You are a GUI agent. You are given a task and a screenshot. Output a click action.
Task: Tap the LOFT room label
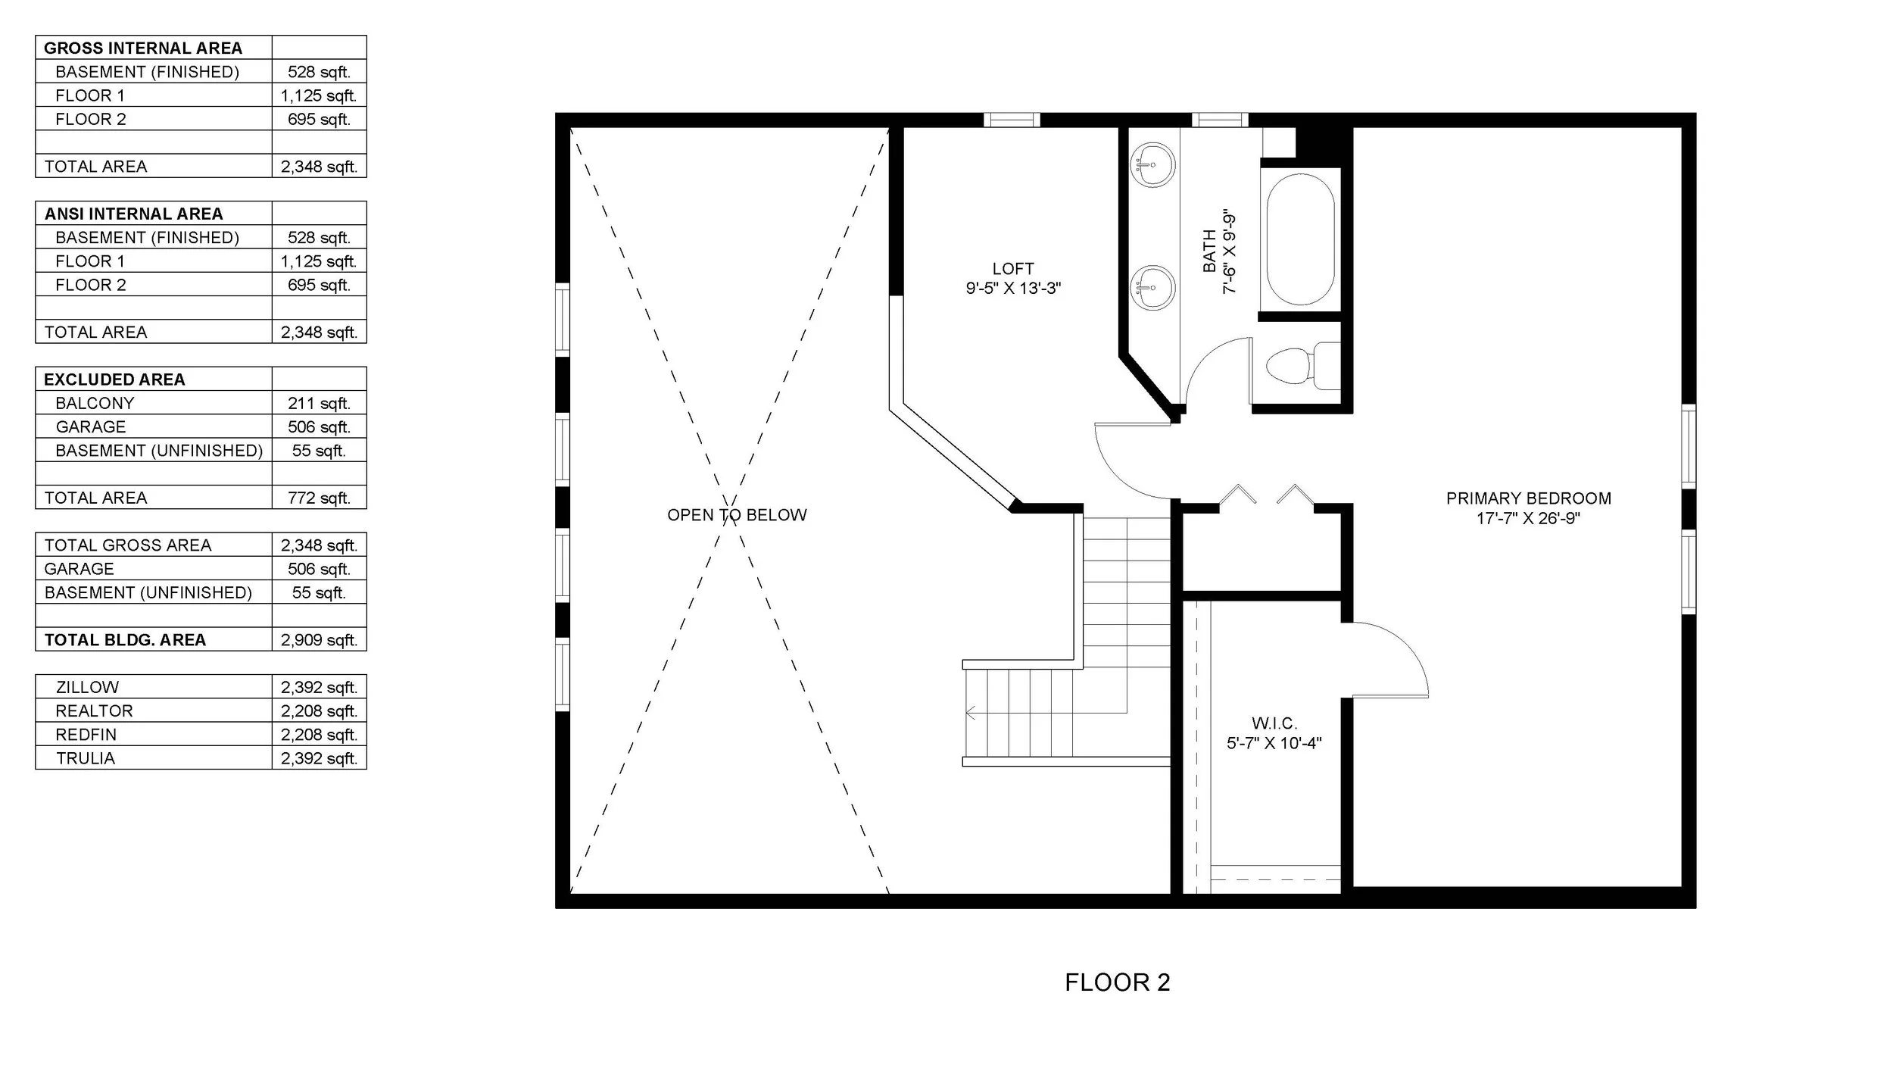pyautogui.click(x=1013, y=269)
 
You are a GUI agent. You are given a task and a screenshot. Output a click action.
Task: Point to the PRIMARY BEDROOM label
pyautogui.click(x=1528, y=498)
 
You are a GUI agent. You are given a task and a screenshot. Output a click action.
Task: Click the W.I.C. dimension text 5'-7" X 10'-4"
pyautogui.click(x=1274, y=743)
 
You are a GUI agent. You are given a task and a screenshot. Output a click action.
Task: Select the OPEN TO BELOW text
pyautogui.click(x=737, y=515)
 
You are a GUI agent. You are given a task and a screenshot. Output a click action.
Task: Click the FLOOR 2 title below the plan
pyautogui.click(x=1118, y=982)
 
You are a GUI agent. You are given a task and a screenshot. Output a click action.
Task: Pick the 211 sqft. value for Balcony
pyautogui.click(x=319, y=403)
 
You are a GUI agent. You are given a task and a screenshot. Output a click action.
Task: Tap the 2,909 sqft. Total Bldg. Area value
pyautogui.click(x=319, y=640)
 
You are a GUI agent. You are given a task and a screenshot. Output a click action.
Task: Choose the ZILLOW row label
pyautogui.click(x=87, y=687)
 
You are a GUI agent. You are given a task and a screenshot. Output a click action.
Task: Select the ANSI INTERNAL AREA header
pyautogui.click(x=133, y=214)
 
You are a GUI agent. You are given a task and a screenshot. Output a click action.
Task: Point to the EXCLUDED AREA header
pyautogui.click(x=114, y=379)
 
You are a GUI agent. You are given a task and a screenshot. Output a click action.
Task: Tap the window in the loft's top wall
pyautogui.click(x=1012, y=120)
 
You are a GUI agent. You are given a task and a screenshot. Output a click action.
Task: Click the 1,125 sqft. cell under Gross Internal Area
pyautogui.click(x=319, y=95)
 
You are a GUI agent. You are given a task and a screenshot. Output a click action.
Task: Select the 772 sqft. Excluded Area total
pyautogui.click(x=319, y=498)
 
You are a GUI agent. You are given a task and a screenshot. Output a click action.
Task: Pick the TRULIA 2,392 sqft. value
pyautogui.click(x=319, y=758)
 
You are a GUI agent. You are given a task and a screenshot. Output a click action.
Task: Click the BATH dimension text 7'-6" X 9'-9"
pyautogui.click(x=1229, y=251)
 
